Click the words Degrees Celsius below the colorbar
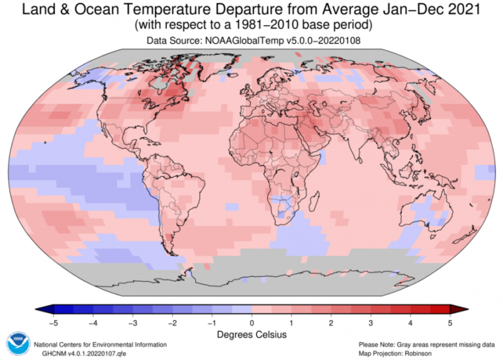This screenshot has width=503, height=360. (251, 335)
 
